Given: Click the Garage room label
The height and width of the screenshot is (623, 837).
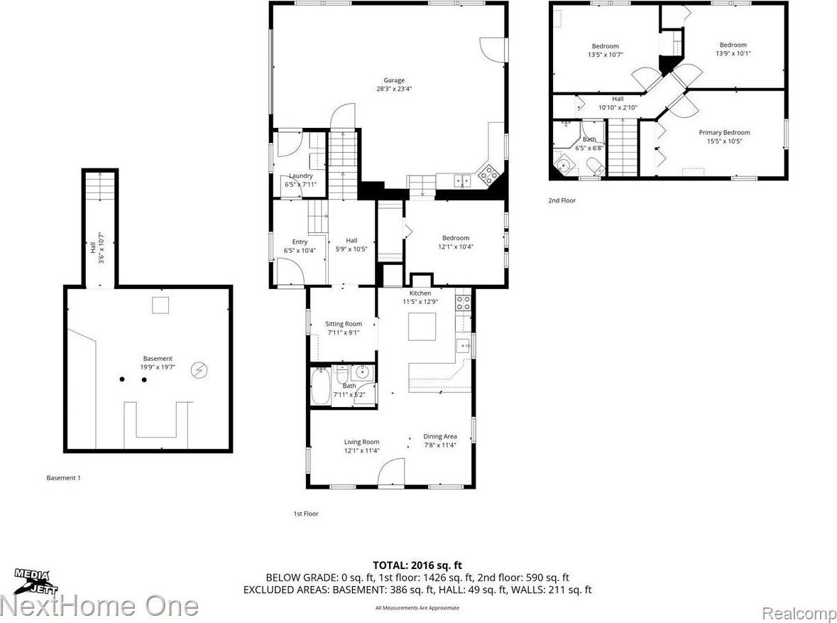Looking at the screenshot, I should coord(390,80).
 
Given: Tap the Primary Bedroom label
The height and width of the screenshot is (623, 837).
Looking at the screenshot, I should coord(724,132).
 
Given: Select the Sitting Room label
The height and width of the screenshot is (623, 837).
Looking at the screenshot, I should coord(344,324).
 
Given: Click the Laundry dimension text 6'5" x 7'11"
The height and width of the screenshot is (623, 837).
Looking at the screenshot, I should coord(301,184).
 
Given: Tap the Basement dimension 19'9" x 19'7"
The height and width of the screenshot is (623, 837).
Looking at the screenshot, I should coord(158,367).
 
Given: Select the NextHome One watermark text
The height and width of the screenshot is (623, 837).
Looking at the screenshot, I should coord(99,606).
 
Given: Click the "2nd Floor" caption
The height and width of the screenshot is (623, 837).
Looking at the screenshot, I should coord(562,200).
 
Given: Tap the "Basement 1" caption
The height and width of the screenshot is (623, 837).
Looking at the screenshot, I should coord(63,478).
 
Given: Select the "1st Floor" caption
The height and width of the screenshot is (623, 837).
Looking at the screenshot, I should coord(306,513).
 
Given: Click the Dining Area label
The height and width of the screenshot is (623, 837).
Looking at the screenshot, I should coord(439,436).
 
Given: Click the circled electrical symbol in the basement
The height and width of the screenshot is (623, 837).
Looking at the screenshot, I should coord(200,369).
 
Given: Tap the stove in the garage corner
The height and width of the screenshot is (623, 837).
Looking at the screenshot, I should coord(488,173).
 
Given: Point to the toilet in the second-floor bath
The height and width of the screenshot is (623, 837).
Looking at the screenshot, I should coord(593,166).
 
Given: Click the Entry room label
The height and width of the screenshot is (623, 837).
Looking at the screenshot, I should coord(300,242).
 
